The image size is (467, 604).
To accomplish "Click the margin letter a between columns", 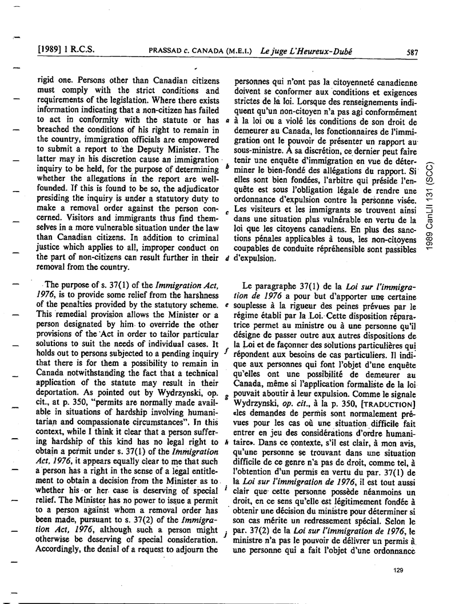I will (x=228, y=121).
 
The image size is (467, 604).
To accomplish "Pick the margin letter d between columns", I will (x=228, y=258).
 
